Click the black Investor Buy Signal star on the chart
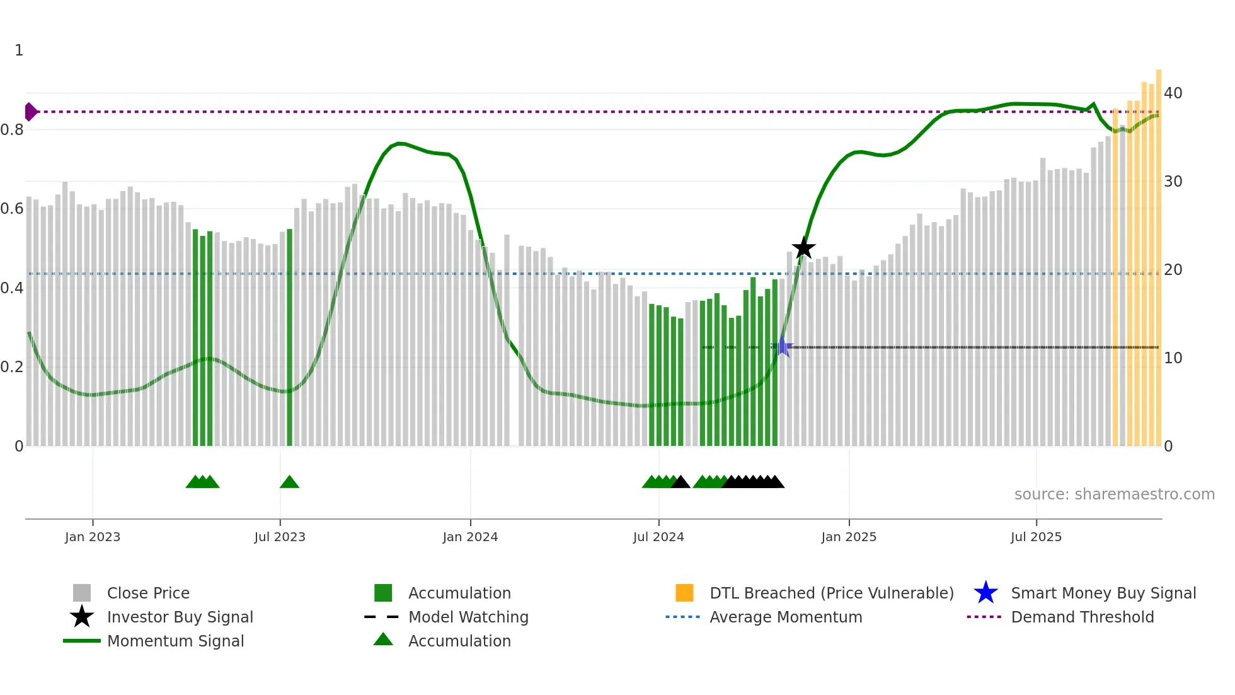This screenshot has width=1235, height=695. click(803, 248)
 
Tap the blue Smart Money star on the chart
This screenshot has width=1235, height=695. click(782, 346)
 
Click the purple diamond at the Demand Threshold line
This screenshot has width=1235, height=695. click(30, 112)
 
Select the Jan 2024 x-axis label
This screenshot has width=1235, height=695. click(470, 537)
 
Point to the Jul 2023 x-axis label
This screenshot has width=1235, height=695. click(280, 537)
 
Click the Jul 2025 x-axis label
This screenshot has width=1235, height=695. click(1036, 537)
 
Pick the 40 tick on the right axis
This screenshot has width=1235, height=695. click(1173, 93)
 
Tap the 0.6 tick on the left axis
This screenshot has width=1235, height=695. click(13, 209)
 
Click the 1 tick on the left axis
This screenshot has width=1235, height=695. click(19, 50)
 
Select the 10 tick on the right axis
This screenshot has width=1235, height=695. click(1173, 358)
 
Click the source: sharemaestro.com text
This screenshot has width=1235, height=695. click(1114, 494)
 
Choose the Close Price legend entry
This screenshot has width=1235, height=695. click(148, 593)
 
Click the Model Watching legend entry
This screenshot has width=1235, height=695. click(468, 617)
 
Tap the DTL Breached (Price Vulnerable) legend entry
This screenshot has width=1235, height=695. click(831, 593)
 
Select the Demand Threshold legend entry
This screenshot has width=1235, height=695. click(1082, 617)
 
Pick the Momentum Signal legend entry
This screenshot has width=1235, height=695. click(175, 641)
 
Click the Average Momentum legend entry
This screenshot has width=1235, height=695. click(786, 617)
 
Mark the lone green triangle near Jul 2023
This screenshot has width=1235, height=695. click(289, 482)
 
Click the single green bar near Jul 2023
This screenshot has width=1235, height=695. click(289, 337)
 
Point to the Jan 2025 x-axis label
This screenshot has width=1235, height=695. click(849, 537)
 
